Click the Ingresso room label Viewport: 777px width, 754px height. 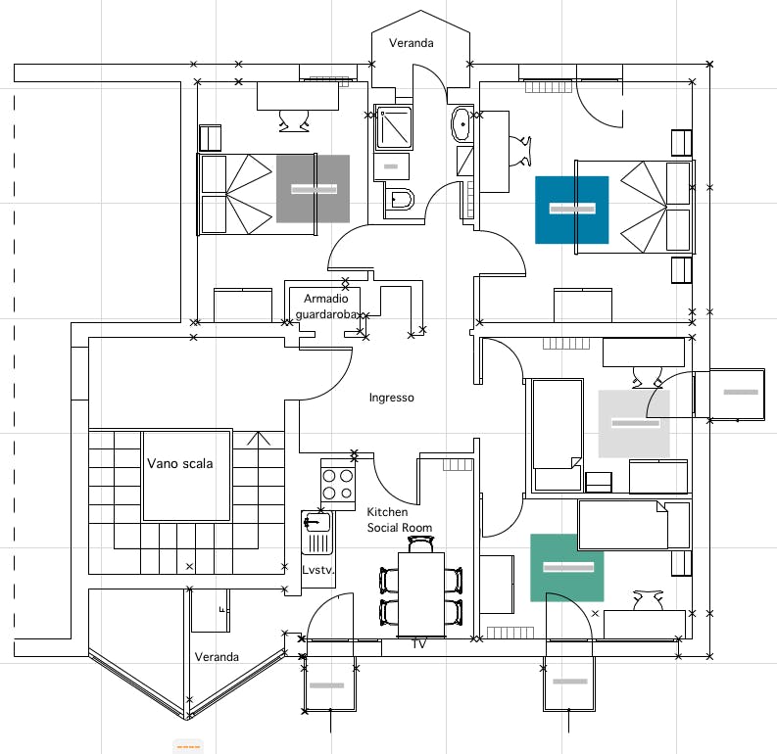392,398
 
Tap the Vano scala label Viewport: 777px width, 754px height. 180,463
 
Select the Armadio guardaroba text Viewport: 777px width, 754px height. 326,306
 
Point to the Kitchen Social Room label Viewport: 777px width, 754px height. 400,520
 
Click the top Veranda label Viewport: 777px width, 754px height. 412,43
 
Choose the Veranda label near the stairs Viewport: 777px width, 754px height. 217,657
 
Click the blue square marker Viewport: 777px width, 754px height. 572,210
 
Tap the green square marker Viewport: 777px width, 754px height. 567,568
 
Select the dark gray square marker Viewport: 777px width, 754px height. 313,189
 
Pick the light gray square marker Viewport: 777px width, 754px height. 634,424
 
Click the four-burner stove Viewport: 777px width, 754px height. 337,485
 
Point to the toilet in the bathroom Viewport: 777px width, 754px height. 399,202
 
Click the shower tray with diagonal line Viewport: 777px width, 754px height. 394,127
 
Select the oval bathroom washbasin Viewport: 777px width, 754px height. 461,123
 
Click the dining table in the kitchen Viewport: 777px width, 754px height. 421,594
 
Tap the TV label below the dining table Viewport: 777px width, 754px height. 419,644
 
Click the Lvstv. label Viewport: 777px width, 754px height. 318,570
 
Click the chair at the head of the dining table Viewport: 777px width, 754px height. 421,544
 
